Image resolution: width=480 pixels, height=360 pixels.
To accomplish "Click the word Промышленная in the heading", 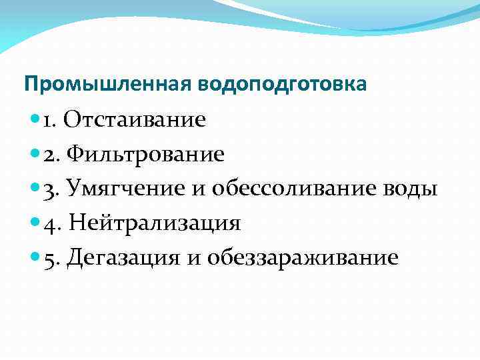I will [109, 85].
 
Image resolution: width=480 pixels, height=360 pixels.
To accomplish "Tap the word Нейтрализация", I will [155, 223].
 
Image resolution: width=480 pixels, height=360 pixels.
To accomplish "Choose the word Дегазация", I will [123, 257].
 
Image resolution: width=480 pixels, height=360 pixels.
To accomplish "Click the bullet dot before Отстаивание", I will [34, 121].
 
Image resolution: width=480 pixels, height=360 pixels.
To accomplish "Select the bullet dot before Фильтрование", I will [34, 155].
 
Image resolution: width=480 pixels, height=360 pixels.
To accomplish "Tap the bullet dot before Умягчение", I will [34, 189].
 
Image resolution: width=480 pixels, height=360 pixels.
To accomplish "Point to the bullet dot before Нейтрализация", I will [34, 223].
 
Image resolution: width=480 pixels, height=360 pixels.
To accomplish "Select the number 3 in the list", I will [49, 189].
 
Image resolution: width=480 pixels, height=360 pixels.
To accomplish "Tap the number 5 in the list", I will [49, 258].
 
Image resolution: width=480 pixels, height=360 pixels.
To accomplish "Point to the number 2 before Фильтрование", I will [49, 155].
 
